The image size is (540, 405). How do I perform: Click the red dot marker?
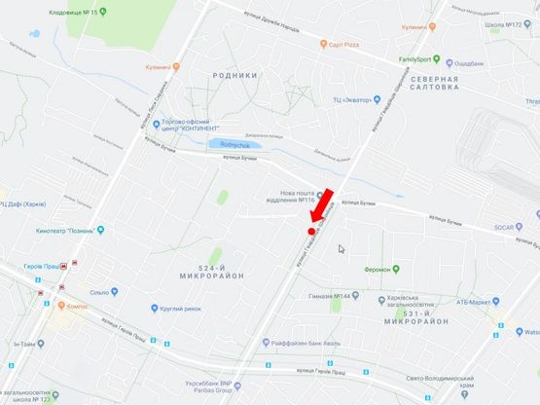[x=310, y=232]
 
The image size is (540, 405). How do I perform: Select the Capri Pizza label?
[x=344, y=44]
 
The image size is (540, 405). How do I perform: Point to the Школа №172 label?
[x=511, y=23]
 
